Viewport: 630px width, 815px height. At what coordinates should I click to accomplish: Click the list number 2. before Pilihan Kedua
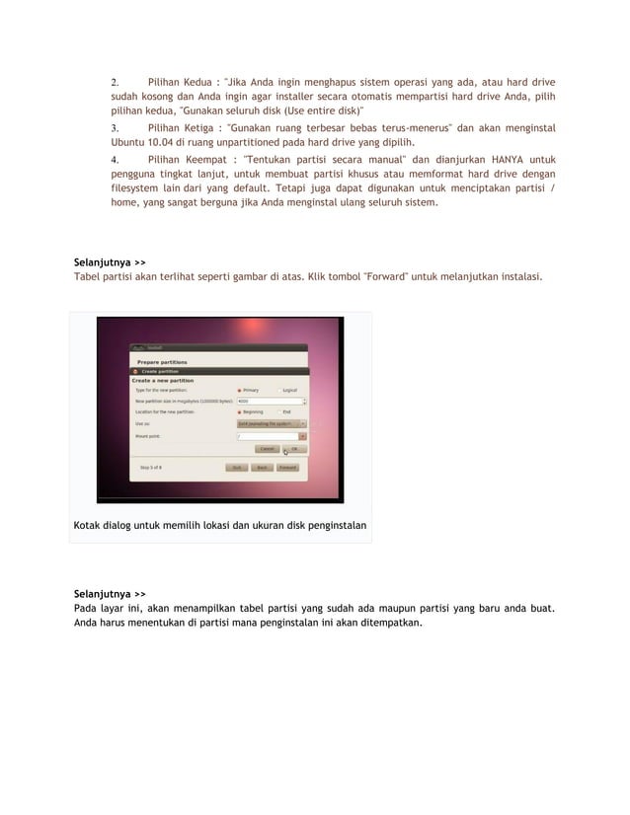114,81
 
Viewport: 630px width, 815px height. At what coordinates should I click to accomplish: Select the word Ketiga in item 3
202,128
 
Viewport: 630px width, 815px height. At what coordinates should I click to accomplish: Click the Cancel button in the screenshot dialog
268,448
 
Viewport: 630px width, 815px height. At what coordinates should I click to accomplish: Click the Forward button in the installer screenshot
287,468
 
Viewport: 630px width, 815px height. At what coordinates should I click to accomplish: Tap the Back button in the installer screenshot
263,468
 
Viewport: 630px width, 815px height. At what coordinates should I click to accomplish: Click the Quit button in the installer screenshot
238,468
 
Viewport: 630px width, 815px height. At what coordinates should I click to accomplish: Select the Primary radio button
240,390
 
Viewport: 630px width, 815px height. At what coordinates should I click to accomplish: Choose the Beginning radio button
240,411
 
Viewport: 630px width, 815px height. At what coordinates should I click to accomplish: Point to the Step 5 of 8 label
151,468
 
